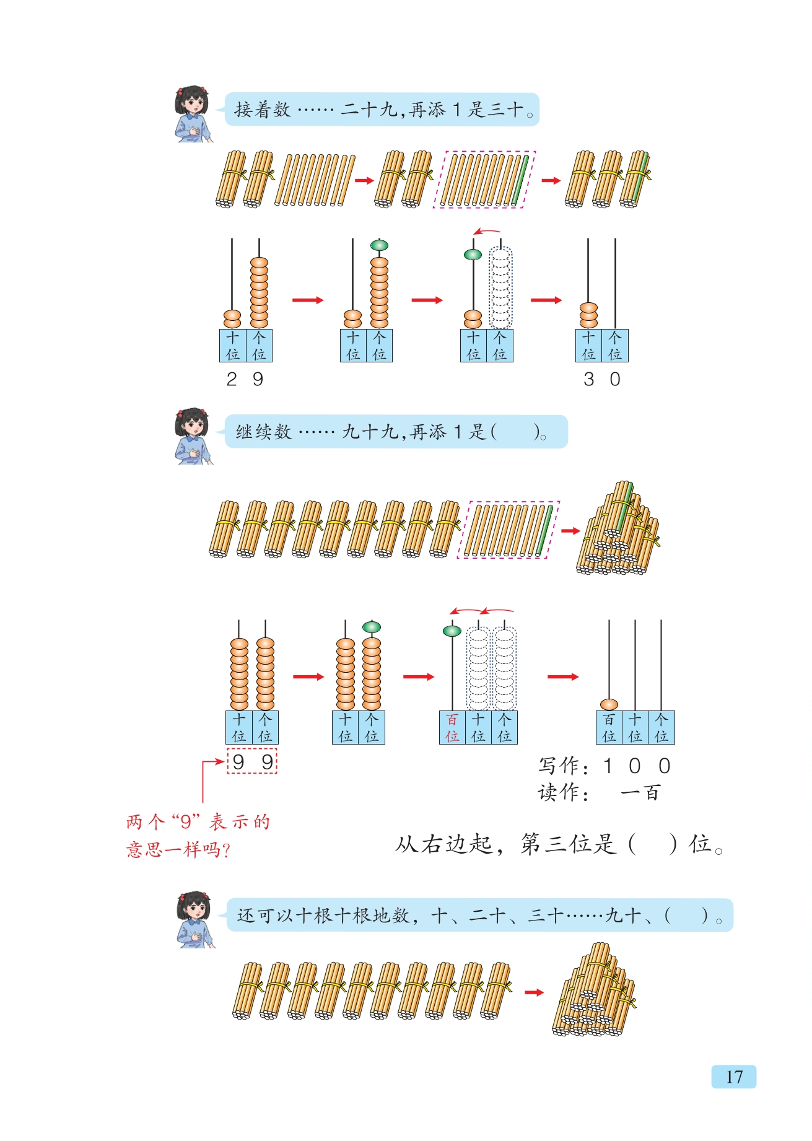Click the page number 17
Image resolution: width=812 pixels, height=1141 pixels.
coord(734,1077)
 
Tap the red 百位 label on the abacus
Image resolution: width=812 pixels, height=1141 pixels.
coord(452,728)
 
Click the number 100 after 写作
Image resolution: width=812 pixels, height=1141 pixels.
coord(637,766)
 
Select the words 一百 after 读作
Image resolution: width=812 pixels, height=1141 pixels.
coord(641,793)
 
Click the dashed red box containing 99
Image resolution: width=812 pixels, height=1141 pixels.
coord(252,761)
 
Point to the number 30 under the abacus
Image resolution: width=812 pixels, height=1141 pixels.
coord(601,379)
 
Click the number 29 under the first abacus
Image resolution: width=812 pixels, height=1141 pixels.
coord(245,379)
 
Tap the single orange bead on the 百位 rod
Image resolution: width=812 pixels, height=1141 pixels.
coord(609,704)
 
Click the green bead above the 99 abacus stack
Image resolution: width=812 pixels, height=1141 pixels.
coord(372,627)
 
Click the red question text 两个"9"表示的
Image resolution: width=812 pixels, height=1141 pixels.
coord(198,822)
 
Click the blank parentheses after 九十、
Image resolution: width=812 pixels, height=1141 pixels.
coord(686,916)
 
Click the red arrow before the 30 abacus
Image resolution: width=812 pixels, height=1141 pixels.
coord(546,300)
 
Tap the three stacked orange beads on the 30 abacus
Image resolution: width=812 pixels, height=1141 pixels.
coord(588,315)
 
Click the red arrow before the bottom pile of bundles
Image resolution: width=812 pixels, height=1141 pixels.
coord(534,992)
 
